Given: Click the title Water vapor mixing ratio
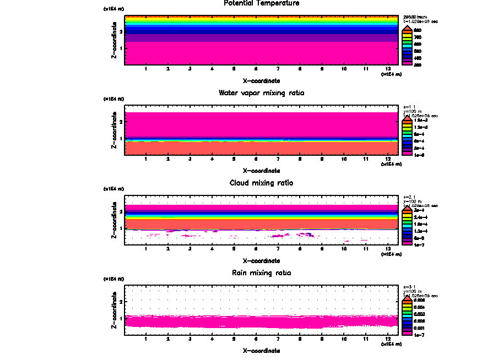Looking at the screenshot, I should click(261, 93).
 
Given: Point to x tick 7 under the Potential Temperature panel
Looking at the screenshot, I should click(278, 69).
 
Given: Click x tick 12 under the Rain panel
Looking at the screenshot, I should click(388, 339).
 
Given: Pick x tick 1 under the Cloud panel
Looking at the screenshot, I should click(145, 249).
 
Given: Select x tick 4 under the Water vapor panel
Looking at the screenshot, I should click(212, 159).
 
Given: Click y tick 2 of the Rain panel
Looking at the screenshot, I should click(121, 302).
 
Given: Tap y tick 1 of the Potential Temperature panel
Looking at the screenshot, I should click(121, 48).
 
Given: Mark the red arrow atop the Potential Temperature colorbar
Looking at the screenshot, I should click(407, 28).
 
